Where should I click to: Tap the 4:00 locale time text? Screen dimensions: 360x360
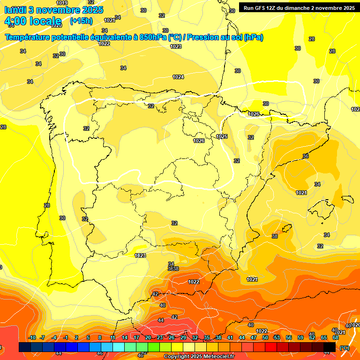tap(32, 21)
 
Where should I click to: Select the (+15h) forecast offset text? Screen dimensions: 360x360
tap(81, 21)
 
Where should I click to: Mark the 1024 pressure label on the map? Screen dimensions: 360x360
tap(178, 77)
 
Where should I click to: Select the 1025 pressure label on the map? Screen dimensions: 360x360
tap(222, 136)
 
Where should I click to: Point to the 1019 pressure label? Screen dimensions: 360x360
tap(61, 3)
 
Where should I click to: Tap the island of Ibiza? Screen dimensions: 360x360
tap(285, 229)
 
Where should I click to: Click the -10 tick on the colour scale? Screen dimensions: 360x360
tap(32, 338)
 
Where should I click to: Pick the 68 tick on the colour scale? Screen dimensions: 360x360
tap(336, 338)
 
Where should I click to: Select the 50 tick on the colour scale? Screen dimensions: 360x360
tap(265, 338)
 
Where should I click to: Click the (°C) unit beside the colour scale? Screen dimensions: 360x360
tap(345, 347)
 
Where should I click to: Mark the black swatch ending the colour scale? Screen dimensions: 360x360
tap(330, 347)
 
